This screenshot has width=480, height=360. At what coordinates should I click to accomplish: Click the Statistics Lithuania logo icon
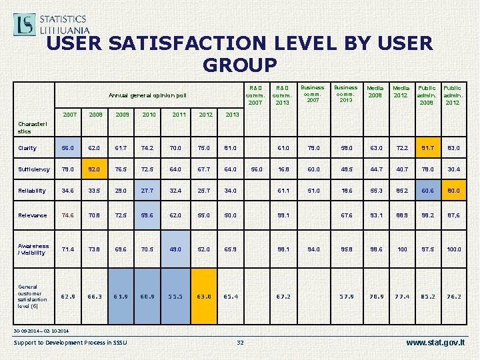pos(25,24)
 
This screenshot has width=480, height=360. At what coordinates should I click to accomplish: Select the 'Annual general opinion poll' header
pos(147,95)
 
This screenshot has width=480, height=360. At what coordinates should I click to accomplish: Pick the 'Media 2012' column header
pos(401,91)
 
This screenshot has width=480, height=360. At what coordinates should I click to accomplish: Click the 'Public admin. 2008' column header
pos(427,95)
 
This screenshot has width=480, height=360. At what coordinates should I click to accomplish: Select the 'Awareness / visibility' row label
pos(34,249)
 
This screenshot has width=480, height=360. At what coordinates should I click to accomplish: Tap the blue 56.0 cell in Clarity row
pos(69,148)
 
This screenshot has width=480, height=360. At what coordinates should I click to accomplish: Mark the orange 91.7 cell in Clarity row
pos(427,148)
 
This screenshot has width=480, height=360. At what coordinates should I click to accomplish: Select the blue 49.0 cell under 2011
pos(176,249)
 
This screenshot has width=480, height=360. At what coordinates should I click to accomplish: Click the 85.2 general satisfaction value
pos(427,296)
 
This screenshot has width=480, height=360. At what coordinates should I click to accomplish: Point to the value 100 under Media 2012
pos(401,249)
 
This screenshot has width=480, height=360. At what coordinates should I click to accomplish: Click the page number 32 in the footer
pos(241,343)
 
